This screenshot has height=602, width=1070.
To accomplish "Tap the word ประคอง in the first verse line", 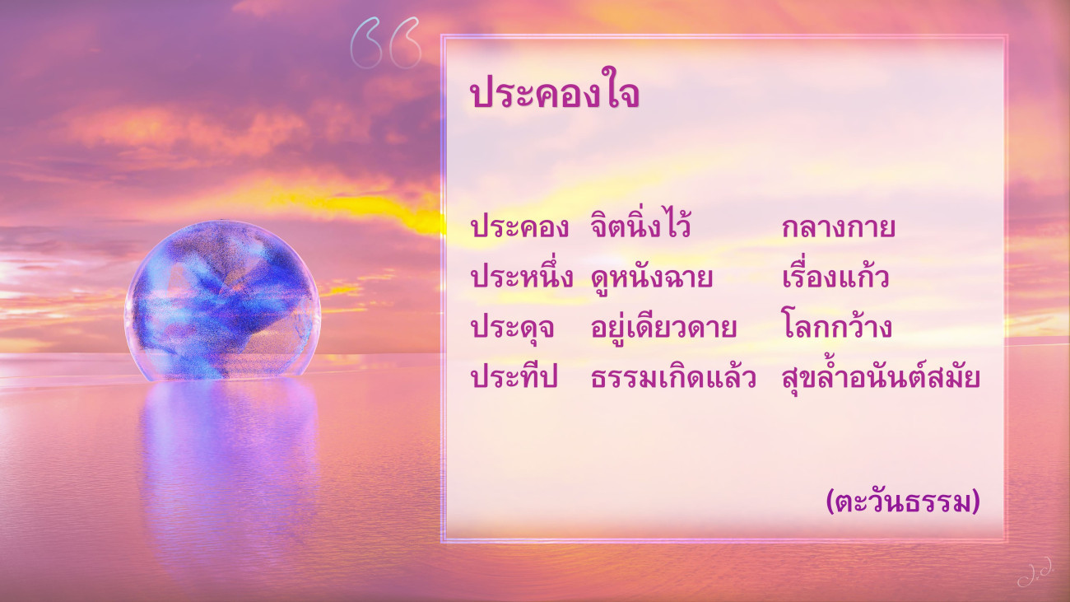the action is point(519,227).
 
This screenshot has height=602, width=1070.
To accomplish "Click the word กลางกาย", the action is point(839,228).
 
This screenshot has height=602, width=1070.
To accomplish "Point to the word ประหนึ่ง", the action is point(521,275).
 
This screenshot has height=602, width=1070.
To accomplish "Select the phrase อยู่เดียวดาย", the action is point(663,326).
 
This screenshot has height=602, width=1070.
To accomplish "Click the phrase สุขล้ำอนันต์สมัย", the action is point(882,376).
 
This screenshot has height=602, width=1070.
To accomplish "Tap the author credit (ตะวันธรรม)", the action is point(903,502).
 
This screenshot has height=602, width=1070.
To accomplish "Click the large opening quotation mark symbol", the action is point(386,43).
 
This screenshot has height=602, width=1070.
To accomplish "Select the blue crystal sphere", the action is point(222,301).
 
